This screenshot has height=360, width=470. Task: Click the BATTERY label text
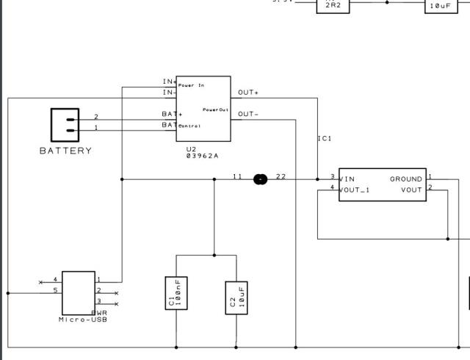point(65,151)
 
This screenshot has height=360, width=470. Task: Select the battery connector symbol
point(65,125)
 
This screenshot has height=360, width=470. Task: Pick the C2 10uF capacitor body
point(236,297)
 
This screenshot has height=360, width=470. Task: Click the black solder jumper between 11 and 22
point(259,178)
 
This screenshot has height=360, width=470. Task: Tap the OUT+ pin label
point(248,93)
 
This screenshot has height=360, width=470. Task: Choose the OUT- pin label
point(248,114)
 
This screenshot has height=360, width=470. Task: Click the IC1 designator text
point(325,138)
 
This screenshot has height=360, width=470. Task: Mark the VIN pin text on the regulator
point(347,179)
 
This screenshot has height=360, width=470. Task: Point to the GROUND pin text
point(405,179)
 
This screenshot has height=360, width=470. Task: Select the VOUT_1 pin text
point(355,190)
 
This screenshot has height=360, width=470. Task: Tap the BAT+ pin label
point(172,114)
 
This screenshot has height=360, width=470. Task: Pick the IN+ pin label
point(170,82)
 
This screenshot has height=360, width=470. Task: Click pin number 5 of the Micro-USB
point(55,291)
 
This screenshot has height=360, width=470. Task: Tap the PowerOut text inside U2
point(216,109)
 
